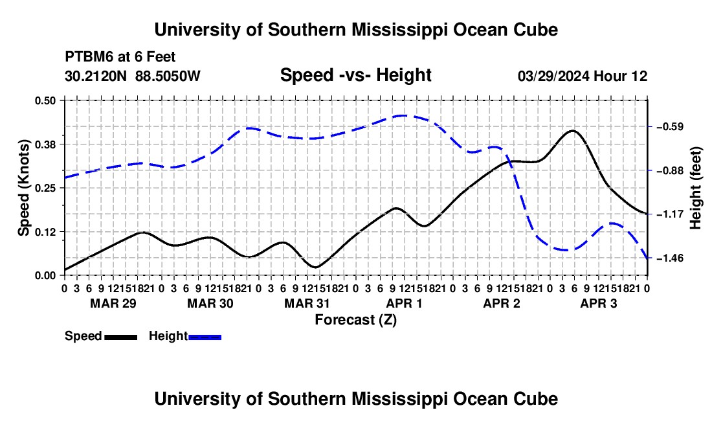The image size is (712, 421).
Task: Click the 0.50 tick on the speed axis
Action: (45, 100)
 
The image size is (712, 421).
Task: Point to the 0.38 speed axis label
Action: (45, 144)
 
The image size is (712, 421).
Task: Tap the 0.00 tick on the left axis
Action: (45, 276)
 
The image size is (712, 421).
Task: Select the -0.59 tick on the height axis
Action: (670, 127)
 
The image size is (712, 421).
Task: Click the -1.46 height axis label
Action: (670, 258)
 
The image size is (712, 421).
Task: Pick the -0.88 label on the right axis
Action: (670, 171)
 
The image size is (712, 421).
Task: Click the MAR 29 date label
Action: (113, 303)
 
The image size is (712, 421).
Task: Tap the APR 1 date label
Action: (404, 303)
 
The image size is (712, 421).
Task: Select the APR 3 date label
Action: (599, 303)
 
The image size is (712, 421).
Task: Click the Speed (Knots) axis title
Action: (23, 188)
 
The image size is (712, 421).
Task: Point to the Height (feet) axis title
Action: (695, 188)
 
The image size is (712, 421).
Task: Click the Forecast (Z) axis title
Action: (355, 320)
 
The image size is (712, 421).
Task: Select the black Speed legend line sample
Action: (121, 337)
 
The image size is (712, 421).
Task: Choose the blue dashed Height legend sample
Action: (205, 337)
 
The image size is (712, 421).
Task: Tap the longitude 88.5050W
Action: (168, 76)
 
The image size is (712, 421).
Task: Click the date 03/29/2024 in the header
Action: (553, 76)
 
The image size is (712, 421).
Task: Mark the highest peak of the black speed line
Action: (573, 131)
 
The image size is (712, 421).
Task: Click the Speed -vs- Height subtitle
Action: (355, 75)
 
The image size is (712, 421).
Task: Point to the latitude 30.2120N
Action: (96, 76)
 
